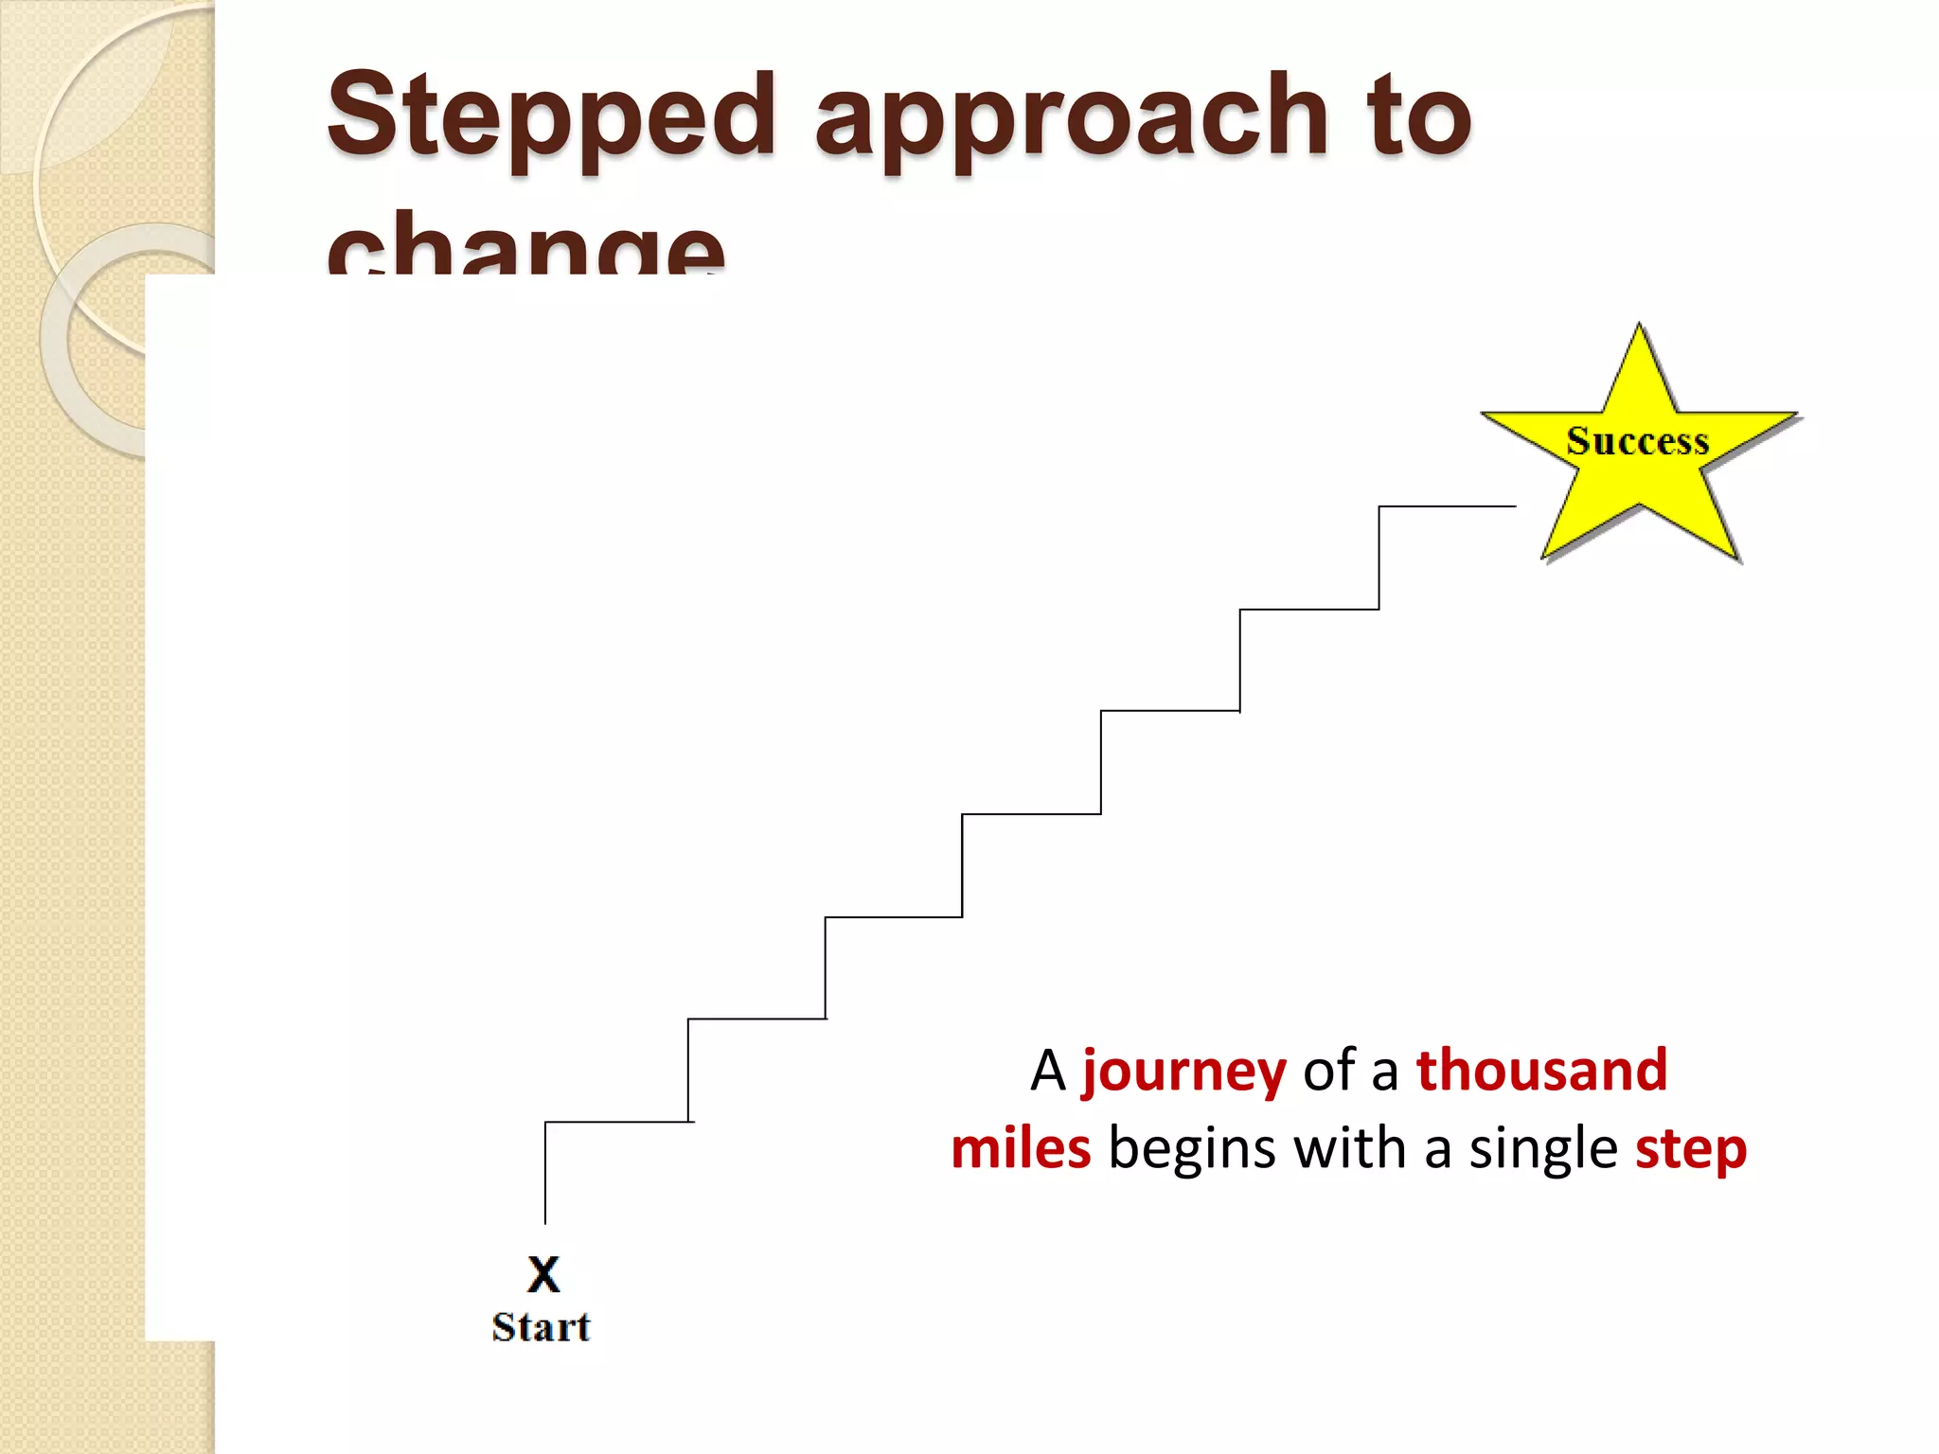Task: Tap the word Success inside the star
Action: click(x=1637, y=442)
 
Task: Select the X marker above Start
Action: click(x=543, y=1273)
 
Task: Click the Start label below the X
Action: click(x=541, y=1327)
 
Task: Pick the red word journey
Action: click(x=1183, y=1071)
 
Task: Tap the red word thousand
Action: click(x=1540, y=1071)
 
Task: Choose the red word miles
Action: click(x=1021, y=1148)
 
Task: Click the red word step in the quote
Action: click(x=1690, y=1150)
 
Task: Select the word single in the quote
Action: click(x=1543, y=1150)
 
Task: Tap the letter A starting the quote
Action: click(x=1048, y=1071)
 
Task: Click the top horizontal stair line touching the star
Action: click(x=1447, y=506)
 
